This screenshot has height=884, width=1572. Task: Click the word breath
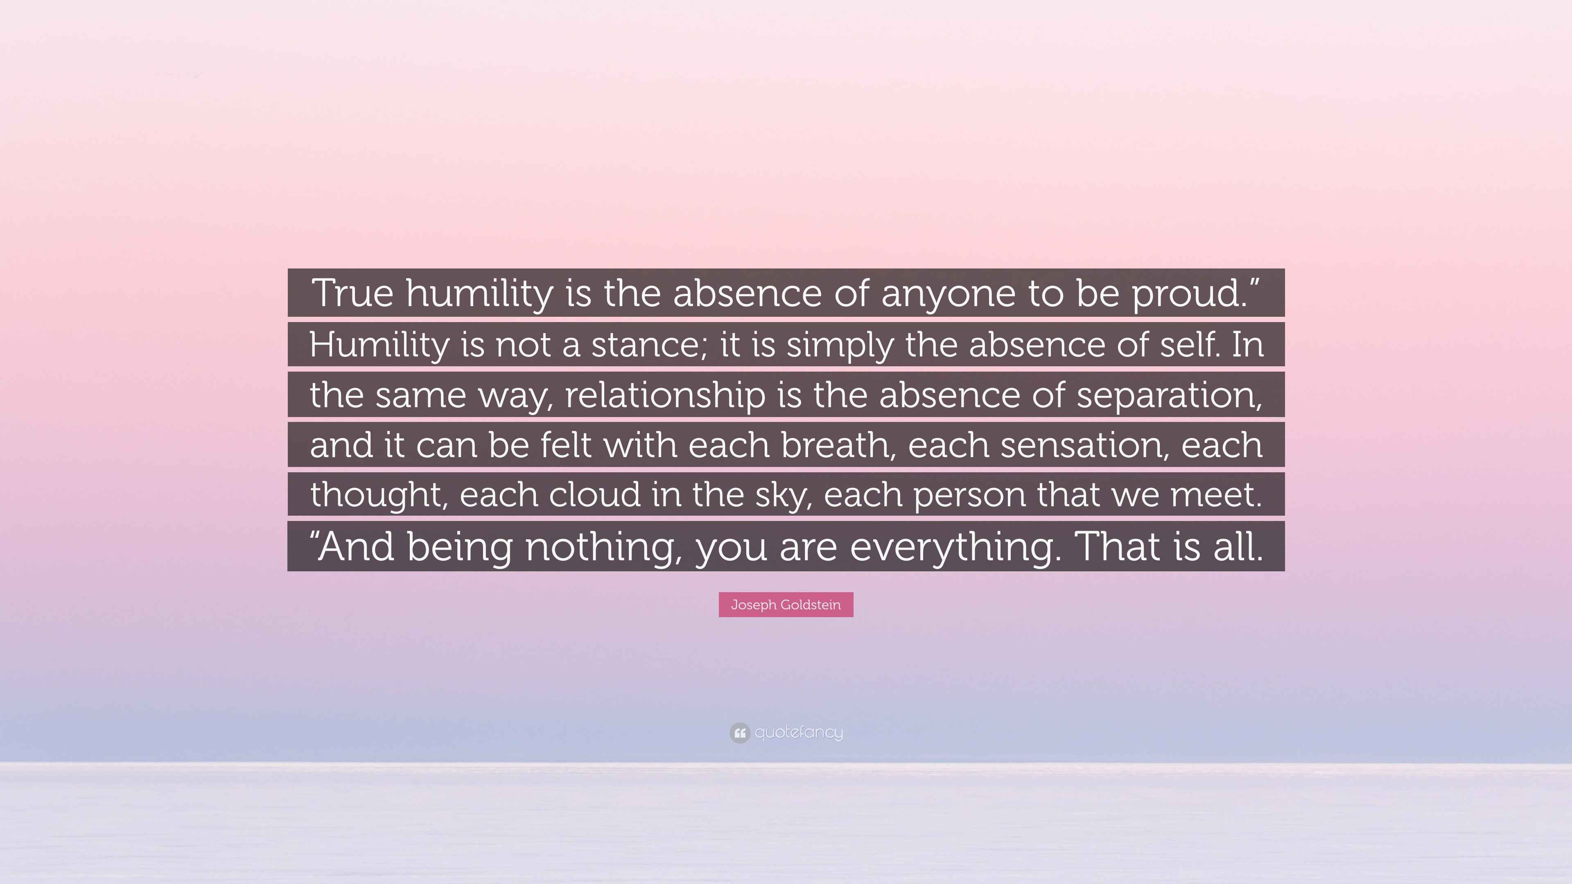839,445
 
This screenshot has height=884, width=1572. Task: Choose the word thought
379,494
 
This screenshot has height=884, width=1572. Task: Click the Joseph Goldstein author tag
786,604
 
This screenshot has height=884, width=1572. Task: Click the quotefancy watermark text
799,732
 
